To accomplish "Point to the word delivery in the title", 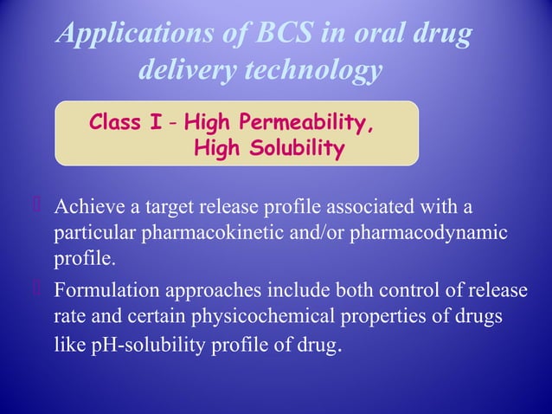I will coord(181,72).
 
